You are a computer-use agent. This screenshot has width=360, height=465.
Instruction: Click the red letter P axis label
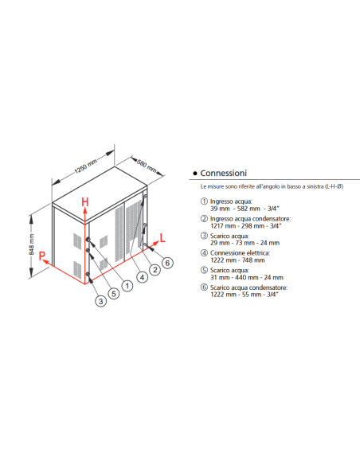click(44, 257)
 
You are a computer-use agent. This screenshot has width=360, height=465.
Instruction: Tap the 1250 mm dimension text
click(84, 170)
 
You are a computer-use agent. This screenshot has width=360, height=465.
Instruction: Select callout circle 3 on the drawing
click(100, 301)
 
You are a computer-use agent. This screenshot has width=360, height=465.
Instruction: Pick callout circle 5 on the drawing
click(113, 292)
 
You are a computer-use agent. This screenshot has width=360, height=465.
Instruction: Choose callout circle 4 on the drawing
click(142, 277)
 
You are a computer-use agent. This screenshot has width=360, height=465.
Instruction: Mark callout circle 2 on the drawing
click(155, 270)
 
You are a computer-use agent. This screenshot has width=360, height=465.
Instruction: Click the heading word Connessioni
click(224, 173)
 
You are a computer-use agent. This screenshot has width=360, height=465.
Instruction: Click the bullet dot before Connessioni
click(195, 173)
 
